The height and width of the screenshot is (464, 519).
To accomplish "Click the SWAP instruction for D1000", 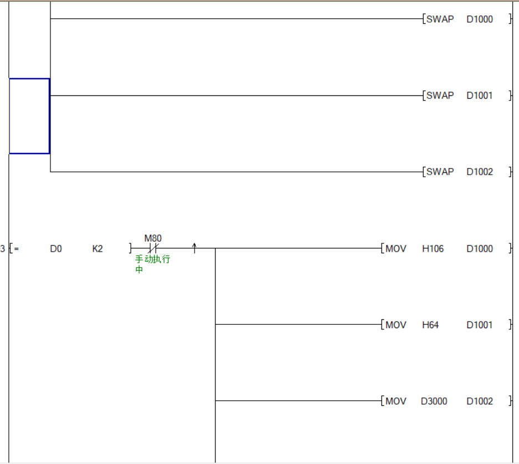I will coord(440,19).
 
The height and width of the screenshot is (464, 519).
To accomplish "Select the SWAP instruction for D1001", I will coord(440,95).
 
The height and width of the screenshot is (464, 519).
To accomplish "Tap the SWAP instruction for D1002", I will coord(440,172).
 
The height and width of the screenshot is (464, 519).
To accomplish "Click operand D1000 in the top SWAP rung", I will coord(479,19).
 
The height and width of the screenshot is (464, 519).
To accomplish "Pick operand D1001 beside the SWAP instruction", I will coord(479,95).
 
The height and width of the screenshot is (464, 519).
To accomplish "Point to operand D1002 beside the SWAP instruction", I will coord(479,172).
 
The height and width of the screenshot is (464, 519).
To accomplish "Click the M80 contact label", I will coord(153,238).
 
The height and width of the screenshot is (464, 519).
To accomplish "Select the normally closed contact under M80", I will coord(153,248).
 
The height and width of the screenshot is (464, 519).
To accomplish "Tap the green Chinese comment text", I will coord(152,264).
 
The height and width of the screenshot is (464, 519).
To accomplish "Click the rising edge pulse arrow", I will coord(195,248).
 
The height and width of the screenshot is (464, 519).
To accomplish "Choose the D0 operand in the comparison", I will coord(55,249).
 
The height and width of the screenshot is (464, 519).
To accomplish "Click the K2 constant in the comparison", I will coord(98,249).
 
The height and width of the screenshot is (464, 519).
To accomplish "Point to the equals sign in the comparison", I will coord(17,249).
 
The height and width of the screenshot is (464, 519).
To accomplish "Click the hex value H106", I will coord(432,249).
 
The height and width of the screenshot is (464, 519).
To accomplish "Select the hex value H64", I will coord(430,325).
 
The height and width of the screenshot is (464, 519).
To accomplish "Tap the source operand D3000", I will coord(434,401).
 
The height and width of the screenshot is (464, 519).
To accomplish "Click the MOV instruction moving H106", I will coord(396,249).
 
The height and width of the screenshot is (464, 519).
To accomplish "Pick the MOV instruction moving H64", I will coord(396,325).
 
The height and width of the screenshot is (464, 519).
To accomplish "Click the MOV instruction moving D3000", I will coord(396,401).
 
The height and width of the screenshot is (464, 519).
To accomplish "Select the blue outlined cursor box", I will coord(29,116).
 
